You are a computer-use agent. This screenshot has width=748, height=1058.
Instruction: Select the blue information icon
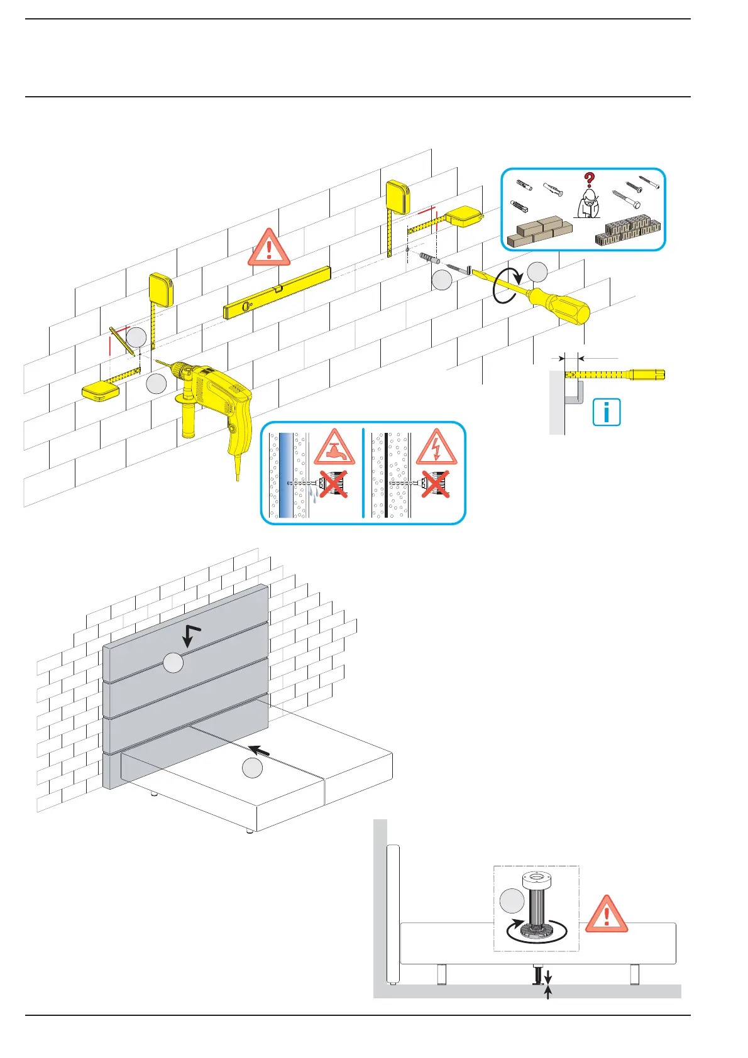pos(607,412)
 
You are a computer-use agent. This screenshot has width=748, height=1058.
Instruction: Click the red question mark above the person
pos(589,181)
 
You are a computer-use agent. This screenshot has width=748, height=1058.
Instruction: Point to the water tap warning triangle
pos(334,447)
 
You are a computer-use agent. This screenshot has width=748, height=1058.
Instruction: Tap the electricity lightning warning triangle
pos(436,447)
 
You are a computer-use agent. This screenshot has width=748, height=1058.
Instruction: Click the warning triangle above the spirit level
pos(269,248)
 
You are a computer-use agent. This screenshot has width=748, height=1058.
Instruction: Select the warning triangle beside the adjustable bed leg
pos(607,915)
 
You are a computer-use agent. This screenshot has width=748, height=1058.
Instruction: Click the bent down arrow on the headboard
pos(191,635)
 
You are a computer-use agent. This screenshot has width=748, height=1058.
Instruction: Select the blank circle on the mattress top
pos(253,768)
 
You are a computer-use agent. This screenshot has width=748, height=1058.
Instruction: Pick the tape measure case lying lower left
pos(101,392)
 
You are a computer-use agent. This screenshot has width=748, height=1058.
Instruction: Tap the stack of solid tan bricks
pos(539,232)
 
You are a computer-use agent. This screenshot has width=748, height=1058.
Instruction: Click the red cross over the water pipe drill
pos(334,484)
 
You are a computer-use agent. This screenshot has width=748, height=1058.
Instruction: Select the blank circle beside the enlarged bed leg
pos(512,901)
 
